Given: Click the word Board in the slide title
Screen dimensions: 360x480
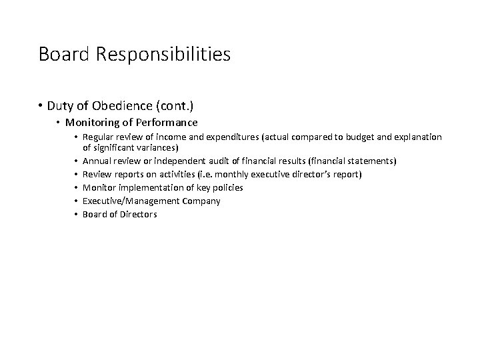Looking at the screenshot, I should [x=61, y=54].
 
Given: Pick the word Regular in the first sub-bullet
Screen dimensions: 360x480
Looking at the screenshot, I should [x=98, y=137].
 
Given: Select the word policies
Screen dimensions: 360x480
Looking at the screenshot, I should [x=227, y=187].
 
